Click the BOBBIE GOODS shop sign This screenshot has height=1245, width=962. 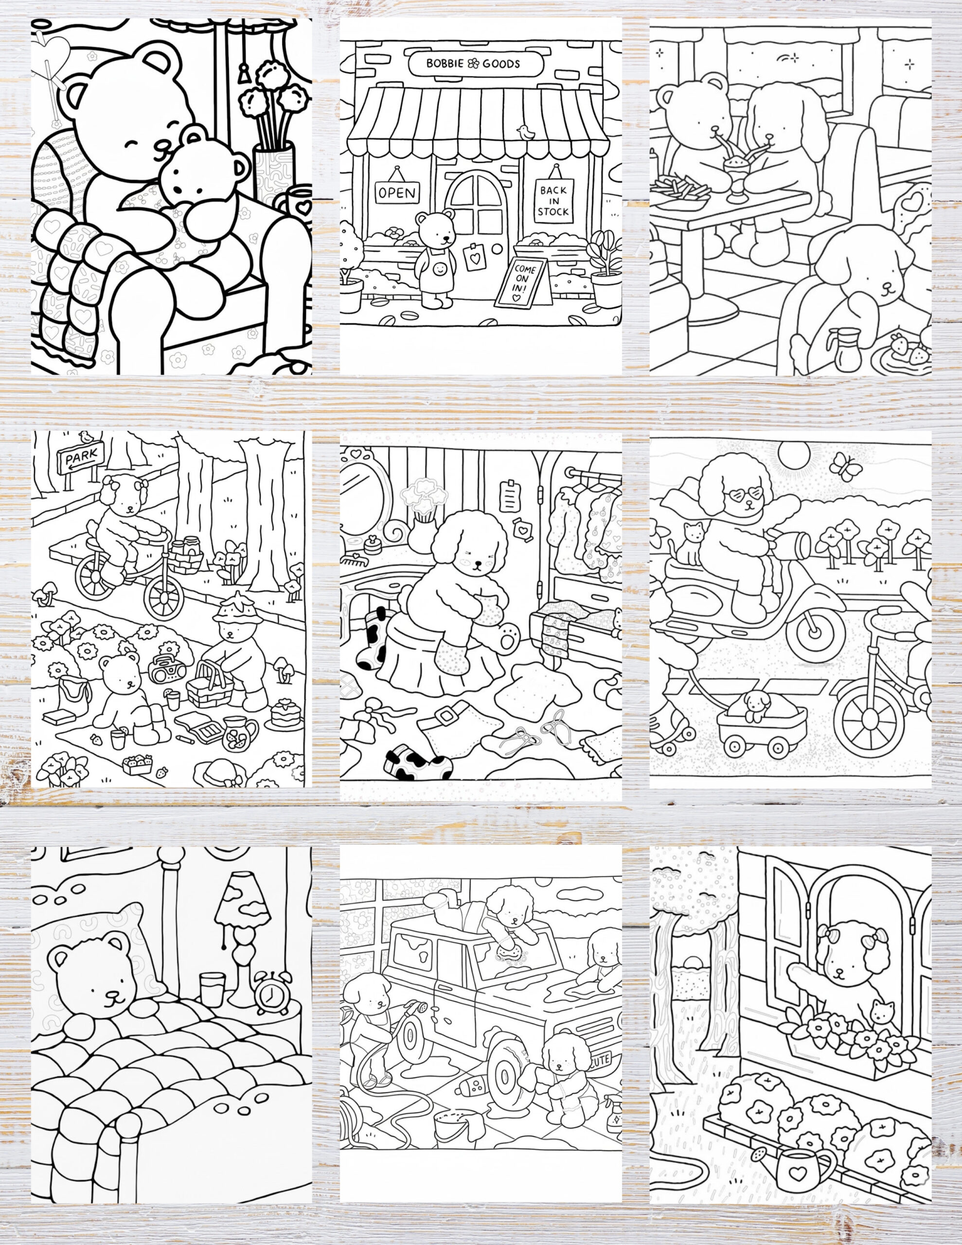pyautogui.click(x=473, y=63)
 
